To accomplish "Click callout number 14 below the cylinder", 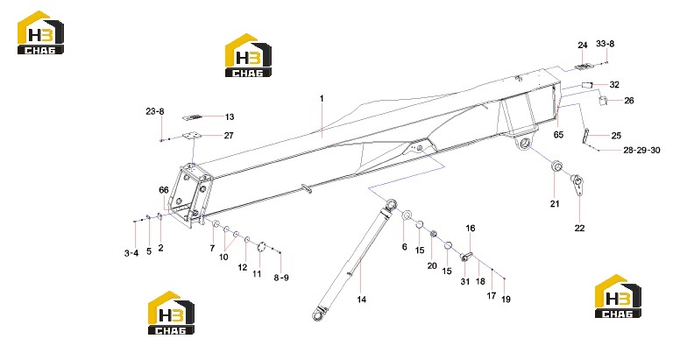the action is pyautogui.click(x=362, y=300).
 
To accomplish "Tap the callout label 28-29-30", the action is pyautogui.click(x=641, y=150).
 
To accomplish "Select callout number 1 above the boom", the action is pyautogui.click(x=322, y=99).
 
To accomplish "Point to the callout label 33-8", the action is pyautogui.click(x=606, y=44).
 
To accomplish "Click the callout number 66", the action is pyautogui.click(x=164, y=190).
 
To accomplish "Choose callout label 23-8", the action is pyautogui.click(x=155, y=111).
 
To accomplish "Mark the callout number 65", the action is pyautogui.click(x=558, y=135).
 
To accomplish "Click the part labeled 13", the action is pyautogui.click(x=193, y=117).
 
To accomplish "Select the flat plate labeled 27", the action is pyautogui.click(x=191, y=136).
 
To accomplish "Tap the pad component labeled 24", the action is pyautogui.click(x=583, y=67).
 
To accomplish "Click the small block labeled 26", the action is pyautogui.click(x=604, y=101).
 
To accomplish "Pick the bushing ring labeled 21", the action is pyautogui.click(x=556, y=166).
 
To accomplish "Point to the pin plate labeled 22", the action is pyautogui.click(x=577, y=184).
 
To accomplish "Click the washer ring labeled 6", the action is pyautogui.click(x=407, y=215).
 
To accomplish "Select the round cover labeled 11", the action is pyautogui.click(x=260, y=247).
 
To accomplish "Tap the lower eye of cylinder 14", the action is pyautogui.click(x=318, y=316).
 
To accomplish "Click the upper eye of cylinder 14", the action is pyautogui.click(x=392, y=203).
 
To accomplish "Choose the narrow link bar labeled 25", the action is pyautogui.click(x=585, y=136).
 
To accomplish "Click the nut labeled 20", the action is pyautogui.click(x=434, y=234).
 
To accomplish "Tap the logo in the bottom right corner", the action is pyautogui.click(x=618, y=296).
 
